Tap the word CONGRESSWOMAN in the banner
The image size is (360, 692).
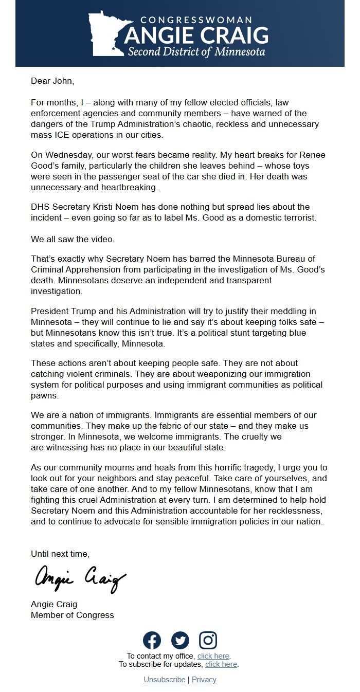click(x=196, y=20)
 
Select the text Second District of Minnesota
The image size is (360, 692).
click(x=196, y=52)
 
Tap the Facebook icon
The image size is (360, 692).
click(x=152, y=640)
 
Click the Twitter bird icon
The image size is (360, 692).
click(x=180, y=640)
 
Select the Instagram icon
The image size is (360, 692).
click(x=208, y=640)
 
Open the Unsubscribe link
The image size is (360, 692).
click(x=165, y=680)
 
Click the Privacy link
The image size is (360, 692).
click(x=204, y=680)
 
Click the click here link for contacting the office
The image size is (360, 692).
click(x=213, y=656)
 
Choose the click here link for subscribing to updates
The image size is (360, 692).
click(x=221, y=664)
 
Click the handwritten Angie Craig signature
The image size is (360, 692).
click(x=80, y=579)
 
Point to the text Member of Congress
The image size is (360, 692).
click(x=73, y=615)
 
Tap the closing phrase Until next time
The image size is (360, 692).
click(x=60, y=554)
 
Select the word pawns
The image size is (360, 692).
click(x=45, y=396)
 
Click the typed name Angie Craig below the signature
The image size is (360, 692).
click(x=54, y=604)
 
